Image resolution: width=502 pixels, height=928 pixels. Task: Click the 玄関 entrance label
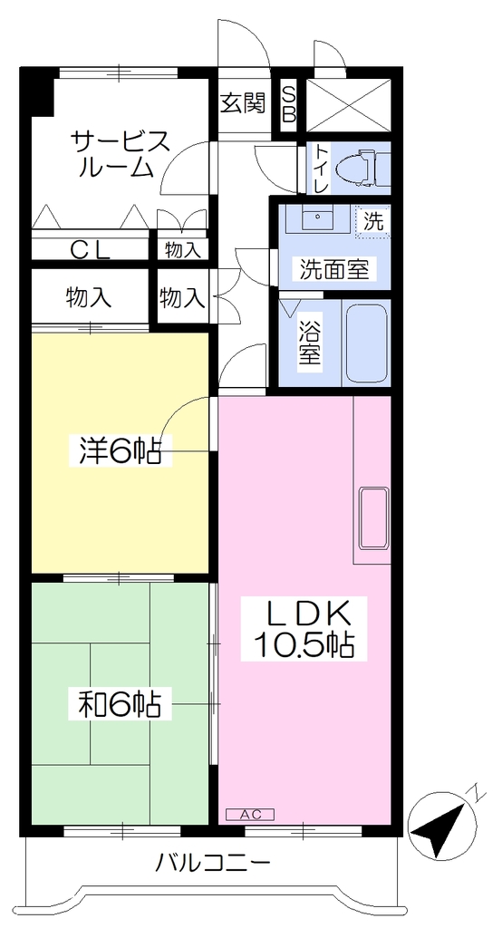pyautogui.click(x=243, y=104)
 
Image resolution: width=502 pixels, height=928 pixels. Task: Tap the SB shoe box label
pyautogui.click(x=288, y=104)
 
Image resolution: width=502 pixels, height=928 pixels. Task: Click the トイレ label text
pyautogui.click(x=321, y=169)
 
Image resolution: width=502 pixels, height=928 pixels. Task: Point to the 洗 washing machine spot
pyautogui.click(x=373, y=222)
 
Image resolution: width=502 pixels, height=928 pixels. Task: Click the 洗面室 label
pyautogui.click(x=334, y=270)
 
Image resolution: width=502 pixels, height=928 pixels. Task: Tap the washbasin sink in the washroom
pyautogui.click(x=318, y=218)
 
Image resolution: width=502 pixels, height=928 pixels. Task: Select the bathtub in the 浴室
pyautogui.click(x=366, y=343)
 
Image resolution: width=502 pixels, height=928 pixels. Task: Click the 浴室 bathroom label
pyautogui.click(x=310, y=343)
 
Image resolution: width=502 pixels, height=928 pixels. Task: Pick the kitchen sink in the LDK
pyautogui.click(x=374, y=517)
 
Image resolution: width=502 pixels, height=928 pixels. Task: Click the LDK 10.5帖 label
pyautogui.click(x=304, y=629)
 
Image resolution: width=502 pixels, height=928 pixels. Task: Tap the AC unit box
pyautogui.click(x=250, y=815)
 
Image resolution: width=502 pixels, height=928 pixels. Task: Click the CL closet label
pyautogui.click(x=91, y=250)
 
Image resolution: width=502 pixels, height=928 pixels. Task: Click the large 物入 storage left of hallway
pyautogui.click(x=90, y=297)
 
